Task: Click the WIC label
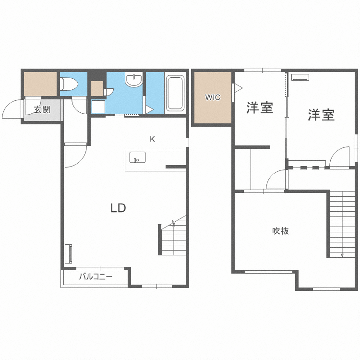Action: point(213,97)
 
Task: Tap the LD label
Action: point(118,208)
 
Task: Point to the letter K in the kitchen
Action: point(152,139)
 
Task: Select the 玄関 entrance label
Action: point(42,109)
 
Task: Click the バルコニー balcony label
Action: point(96,276)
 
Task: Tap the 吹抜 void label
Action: point(280,231)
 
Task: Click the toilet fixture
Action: point(69,84)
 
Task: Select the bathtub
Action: point(175,94)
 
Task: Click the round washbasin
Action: point(134,80)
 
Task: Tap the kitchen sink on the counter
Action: point(138,157)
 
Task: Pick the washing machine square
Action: point(98,107)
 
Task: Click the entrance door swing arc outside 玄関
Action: point(11,108)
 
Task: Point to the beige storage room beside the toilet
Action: point(40,84)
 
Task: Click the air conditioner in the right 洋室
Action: point(300,77)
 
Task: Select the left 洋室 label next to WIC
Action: point(260,108)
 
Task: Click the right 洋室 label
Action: point(321,115)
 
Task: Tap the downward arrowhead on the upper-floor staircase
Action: point(342,255)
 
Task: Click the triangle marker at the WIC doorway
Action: point(238,88)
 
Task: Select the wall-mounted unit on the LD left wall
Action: point(69,254)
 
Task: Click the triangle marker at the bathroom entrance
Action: point(149,109)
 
